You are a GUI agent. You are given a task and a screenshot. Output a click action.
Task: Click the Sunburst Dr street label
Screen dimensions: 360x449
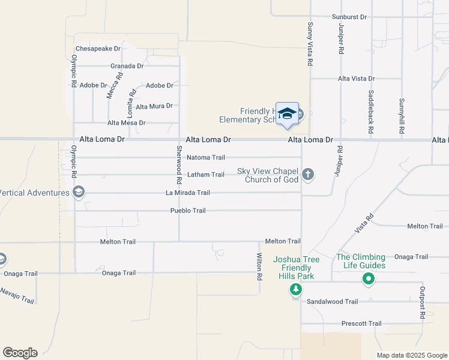349,17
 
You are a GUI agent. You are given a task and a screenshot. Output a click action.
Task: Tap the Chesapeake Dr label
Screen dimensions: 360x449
98,49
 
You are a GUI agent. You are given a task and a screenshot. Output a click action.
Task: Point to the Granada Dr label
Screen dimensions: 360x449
127,66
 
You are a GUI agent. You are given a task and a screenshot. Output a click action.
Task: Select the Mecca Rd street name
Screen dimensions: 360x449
115,85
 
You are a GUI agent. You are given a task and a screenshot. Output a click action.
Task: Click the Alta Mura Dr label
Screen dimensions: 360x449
154,106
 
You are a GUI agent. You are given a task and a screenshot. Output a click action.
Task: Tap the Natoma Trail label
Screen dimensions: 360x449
206,158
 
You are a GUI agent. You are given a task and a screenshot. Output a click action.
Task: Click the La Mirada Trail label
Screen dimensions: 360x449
188,193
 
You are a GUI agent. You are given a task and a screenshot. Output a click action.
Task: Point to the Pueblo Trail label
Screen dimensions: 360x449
188,211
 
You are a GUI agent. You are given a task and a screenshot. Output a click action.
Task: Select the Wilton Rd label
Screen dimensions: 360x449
259,267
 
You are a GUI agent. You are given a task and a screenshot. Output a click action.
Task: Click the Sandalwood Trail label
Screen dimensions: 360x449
332,302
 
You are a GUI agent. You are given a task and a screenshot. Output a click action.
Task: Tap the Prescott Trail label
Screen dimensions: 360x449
361,323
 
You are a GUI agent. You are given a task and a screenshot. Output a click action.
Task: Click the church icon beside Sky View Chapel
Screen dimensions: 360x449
308,175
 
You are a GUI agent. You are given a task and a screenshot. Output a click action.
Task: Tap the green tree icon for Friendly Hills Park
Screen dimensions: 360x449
295,290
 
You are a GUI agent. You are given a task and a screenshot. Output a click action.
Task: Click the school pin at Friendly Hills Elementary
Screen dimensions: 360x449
288,113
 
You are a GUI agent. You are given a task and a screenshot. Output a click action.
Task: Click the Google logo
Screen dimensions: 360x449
20,353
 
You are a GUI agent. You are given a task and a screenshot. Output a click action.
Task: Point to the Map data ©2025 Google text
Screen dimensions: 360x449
412,355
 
